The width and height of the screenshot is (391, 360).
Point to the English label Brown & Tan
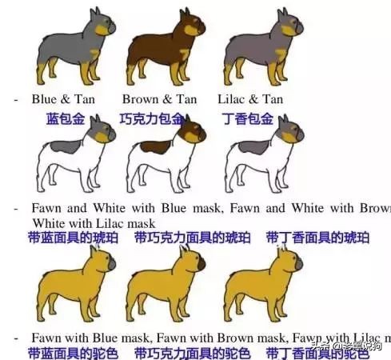(159, 100)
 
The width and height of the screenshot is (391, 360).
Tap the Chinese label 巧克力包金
(151, 118)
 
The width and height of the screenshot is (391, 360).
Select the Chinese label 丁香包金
(246, 118)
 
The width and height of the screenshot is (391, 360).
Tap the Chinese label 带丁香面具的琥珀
(317, 238)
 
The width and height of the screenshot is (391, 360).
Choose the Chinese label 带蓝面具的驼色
(71, 353)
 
